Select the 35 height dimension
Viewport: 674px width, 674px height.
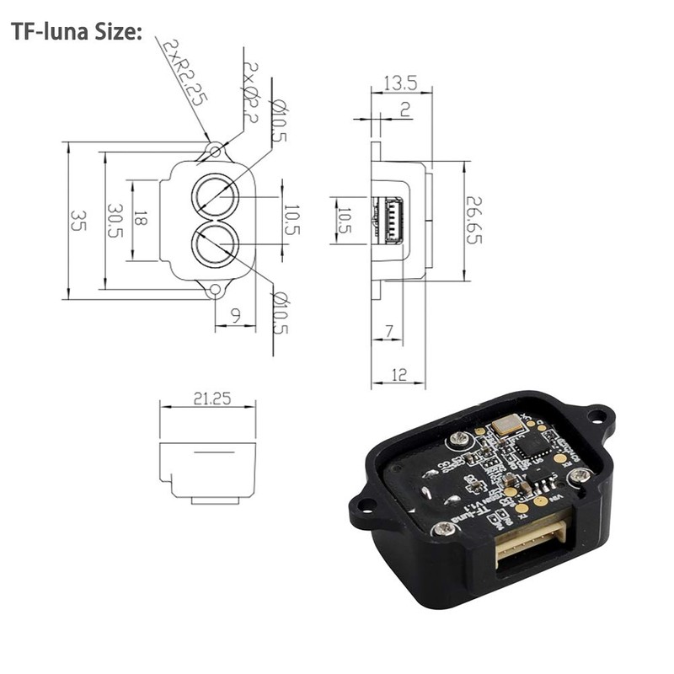[78, 221]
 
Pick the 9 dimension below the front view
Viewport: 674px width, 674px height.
[235, 314]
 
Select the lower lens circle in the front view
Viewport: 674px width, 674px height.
[216, 245]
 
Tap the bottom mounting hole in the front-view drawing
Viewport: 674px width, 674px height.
[216, 292]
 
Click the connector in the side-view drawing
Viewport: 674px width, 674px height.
[393, 221]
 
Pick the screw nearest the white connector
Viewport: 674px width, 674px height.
[440, 530]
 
